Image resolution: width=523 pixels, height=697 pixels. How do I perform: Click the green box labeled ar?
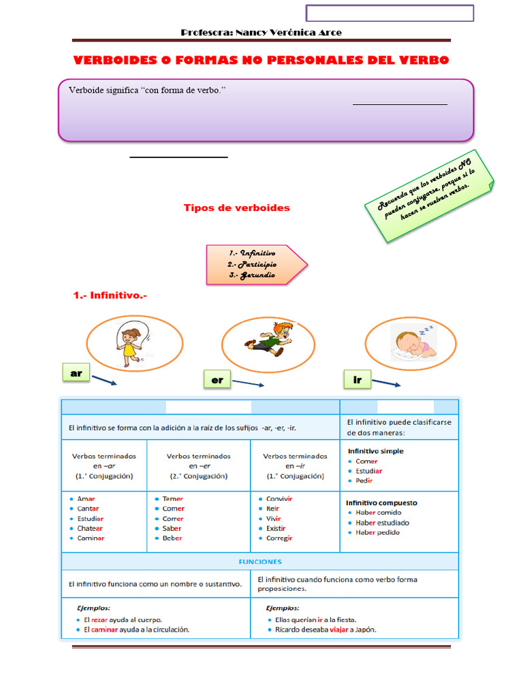[x=76, y=374]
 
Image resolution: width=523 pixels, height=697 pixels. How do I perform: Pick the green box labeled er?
[x=217, y=380]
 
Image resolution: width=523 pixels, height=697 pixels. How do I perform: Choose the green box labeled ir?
[x=358, y=380]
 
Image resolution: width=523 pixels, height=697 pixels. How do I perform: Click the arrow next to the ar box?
[x=104, y=380]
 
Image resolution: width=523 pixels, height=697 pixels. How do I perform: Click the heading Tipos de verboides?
[x=236, y=208]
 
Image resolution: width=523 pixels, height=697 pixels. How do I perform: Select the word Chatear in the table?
[x=91, y=528]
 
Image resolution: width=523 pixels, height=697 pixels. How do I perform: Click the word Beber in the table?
[x=172, y=538]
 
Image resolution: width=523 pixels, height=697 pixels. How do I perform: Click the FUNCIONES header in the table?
[x=260, y=562]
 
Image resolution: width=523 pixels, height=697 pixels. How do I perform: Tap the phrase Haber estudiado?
[x=382, y=523]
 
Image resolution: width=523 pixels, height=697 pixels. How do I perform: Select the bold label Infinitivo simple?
[x=375, y=451]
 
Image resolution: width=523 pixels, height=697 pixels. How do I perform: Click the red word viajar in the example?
[x=339, y=630]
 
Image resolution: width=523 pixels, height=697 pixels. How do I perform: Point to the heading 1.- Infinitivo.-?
[x=110, y=295]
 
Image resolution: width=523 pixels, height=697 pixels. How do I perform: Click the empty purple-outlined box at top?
[x=390, y=13]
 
